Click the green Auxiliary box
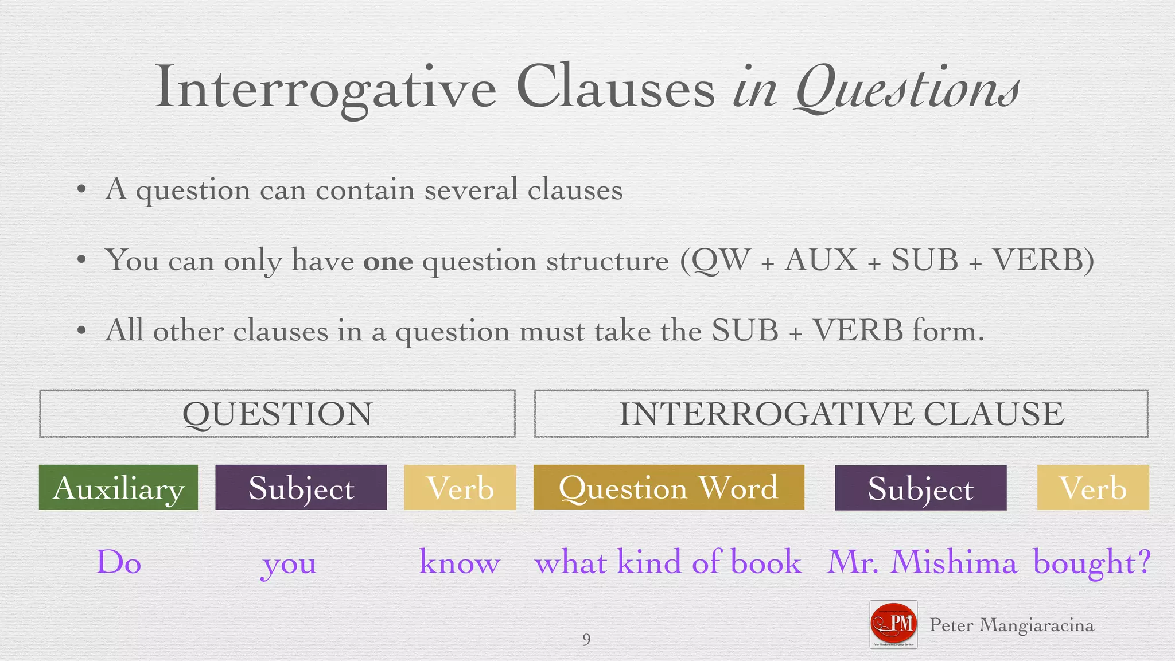click(118, 487)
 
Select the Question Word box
click(668, 487)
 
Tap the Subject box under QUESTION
click(301, 487)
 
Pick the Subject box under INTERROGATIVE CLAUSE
click(920, 488)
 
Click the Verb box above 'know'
click(460, 487)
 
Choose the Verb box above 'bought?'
click(1092, 487)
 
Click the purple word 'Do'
click(119, 562)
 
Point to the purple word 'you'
click(289, 564)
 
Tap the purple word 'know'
click(460, 562)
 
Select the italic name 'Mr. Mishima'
click(922, 562)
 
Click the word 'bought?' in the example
click(1092, 563)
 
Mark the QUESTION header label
click(277, 414)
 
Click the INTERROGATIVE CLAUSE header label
click(841, 414)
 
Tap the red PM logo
click(893, 624)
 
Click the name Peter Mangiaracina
click(1011, 625)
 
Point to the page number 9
click(586, 639)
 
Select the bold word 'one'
click(388, 261)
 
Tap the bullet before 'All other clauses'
click(81, 331)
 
